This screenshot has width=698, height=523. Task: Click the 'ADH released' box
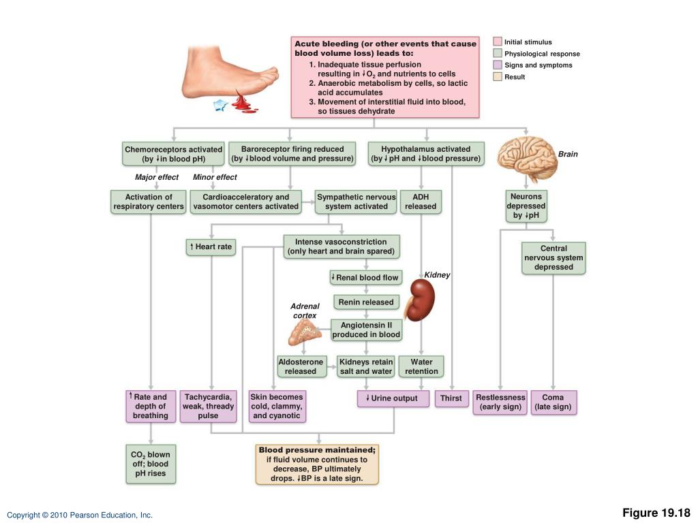coord(421,202)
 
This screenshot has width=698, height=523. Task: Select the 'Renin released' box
coord(366,302)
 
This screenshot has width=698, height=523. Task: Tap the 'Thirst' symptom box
coord(451,398)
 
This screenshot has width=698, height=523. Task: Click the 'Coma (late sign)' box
coord(553,402)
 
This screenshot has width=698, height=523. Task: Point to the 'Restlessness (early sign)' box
coord(500,402)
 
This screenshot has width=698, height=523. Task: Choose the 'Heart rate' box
coord(211,247)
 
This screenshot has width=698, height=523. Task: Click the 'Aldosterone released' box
coord(301,366)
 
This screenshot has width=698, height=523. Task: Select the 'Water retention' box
coord(421,366)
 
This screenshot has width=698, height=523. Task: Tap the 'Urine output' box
coord(393,398)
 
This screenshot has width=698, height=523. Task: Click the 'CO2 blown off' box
coord(151,464)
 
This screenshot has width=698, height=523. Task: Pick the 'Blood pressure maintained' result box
coord(317,464)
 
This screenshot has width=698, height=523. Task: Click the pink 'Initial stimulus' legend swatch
coord(498,42)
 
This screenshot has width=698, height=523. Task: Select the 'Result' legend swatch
coord(498,76)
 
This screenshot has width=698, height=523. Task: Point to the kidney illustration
coord(420,300)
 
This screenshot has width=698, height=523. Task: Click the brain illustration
coord(527,157)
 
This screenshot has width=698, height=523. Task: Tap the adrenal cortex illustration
coord(304,332)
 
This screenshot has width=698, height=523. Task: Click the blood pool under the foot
coord(243,104)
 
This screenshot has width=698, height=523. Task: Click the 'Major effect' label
coord(157,177)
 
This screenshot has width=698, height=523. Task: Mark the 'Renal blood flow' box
coord(366,278)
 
